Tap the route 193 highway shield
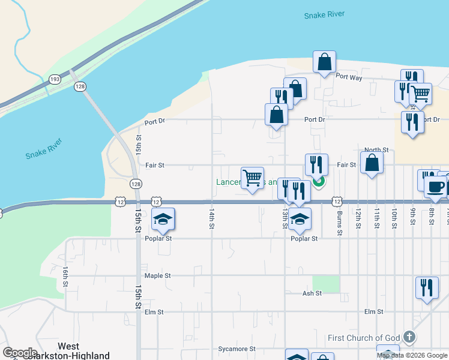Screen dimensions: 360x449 55,79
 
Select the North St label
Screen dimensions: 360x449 376,150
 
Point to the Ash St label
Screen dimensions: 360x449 312,293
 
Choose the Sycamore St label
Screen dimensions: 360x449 237,349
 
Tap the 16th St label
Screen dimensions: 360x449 65,278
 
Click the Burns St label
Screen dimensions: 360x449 340,222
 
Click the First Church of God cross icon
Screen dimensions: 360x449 409,337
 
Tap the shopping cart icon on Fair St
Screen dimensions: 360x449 253,177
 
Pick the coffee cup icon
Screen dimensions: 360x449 435,186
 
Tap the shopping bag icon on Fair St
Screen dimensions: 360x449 372,162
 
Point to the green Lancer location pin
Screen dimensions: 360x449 319,180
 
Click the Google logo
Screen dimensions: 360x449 20,353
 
